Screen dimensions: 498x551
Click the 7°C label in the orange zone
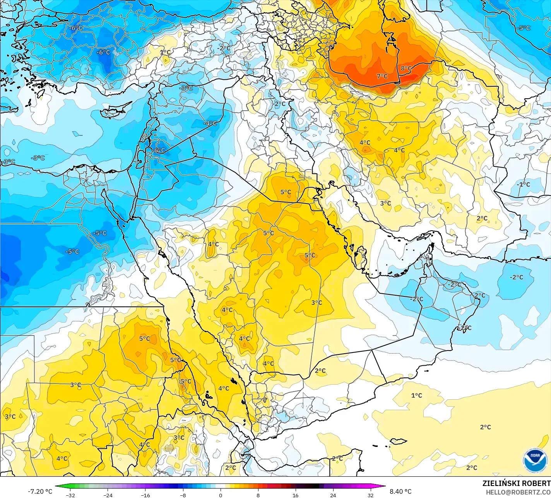[382, 76]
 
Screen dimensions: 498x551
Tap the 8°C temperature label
[406, 68]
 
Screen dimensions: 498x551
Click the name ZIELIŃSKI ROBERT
[516, 483]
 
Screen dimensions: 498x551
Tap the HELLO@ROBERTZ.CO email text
[518, 491]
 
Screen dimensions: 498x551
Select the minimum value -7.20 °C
[40, 491]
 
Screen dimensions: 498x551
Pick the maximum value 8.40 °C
[400, 491]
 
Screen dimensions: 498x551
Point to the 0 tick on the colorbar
[221, 495]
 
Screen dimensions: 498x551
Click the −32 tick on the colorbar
[70, 495]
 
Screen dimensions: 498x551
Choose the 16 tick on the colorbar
[295, 495]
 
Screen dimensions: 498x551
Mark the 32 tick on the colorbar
[370, 495]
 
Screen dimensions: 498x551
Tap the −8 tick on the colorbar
[183, 495]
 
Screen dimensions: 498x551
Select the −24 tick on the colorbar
[108, 495]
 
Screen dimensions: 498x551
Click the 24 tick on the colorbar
[333, 495]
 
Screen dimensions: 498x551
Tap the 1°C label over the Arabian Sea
[416, 395]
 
